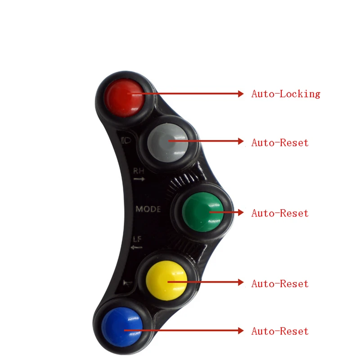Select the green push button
[202, 211]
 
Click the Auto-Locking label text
[286, 94]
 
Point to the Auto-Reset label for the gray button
[280, 143]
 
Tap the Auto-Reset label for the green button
[280, 213]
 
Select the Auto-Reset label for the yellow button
[280, 284]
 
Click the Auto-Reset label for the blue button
[280, 332]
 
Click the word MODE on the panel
[148, 209]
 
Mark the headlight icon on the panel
[125, 140]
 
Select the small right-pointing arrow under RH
[139, 179]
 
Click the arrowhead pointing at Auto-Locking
[240, 94]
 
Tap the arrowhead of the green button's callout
[240, 212]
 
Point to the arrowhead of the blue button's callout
[240, 331]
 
